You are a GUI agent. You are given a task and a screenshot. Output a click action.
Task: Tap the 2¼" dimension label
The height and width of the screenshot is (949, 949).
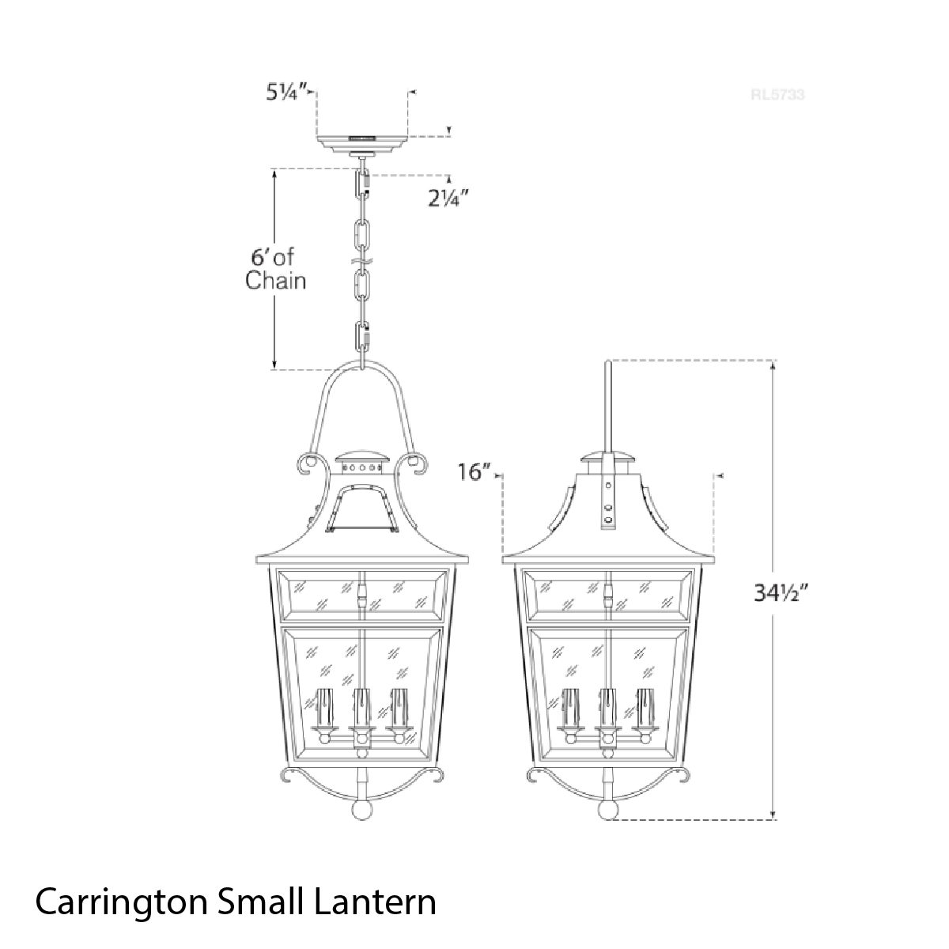[444, 198]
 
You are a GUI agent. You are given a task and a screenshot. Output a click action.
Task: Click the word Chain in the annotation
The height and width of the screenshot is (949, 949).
[275, 281]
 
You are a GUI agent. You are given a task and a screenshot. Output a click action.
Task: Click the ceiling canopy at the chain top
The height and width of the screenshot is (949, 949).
[362, 146]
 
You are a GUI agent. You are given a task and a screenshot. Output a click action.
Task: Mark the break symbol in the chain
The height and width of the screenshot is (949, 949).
[362, 259]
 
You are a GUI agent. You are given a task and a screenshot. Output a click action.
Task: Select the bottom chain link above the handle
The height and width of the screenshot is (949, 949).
[362, 338]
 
